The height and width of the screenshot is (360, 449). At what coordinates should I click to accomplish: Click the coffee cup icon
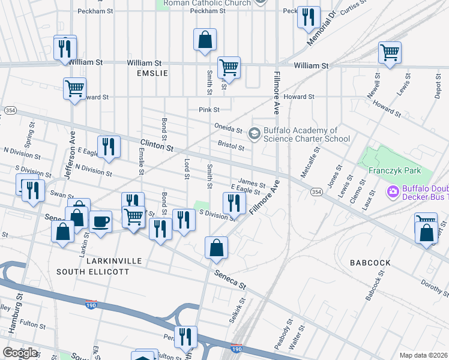point(100,221)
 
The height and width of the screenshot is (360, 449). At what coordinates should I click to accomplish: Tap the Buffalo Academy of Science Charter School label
point(307,134)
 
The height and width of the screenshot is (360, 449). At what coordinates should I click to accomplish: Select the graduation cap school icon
point(255,133)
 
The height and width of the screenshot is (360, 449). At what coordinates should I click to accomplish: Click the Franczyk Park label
point(394,170)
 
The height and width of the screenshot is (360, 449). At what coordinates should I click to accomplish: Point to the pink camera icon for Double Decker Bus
point(393,192)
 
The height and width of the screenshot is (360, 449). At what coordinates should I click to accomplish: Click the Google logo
point(20,353)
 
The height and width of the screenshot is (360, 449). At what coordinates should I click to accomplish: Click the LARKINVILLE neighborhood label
point(114,261)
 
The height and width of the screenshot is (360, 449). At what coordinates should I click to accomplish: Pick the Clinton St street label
point(157,146)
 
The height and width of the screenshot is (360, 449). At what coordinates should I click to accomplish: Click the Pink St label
point(209,110)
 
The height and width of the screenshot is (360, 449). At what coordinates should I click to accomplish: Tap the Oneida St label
point(228,128)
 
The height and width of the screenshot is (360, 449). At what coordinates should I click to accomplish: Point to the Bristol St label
point(231,146)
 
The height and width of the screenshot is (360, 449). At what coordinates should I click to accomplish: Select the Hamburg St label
point(20,300)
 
